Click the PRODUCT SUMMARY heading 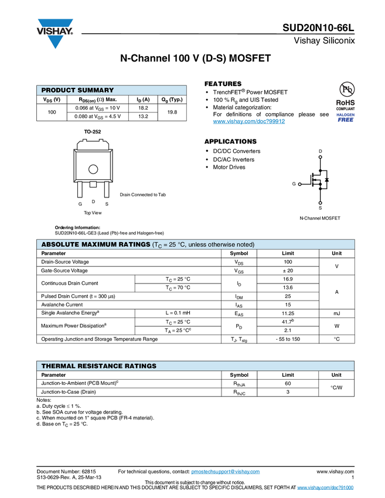[x=77, y=90]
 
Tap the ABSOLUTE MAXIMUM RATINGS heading [x=96, y=244]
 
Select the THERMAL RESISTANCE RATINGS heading [x=99, y=366]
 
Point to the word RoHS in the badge [x=346, y=103]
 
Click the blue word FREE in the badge [x=346, y=120]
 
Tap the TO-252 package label [x=92, y=132]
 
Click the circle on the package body [x=93, y=170]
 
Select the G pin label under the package [x=80, y=204]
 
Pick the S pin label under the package [x=106, y=204]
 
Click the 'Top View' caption [x=93, y=213]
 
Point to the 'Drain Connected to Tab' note [x=144, y=195]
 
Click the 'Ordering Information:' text [x=77, y=227]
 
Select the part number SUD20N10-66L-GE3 [x=74, y=233]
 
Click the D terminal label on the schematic [x=320, y=152]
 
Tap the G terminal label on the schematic [x=294, y=184]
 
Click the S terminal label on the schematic [x=320, y=208]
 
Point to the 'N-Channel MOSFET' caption [x=319, y=218]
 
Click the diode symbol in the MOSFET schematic [x=326, y=179]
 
